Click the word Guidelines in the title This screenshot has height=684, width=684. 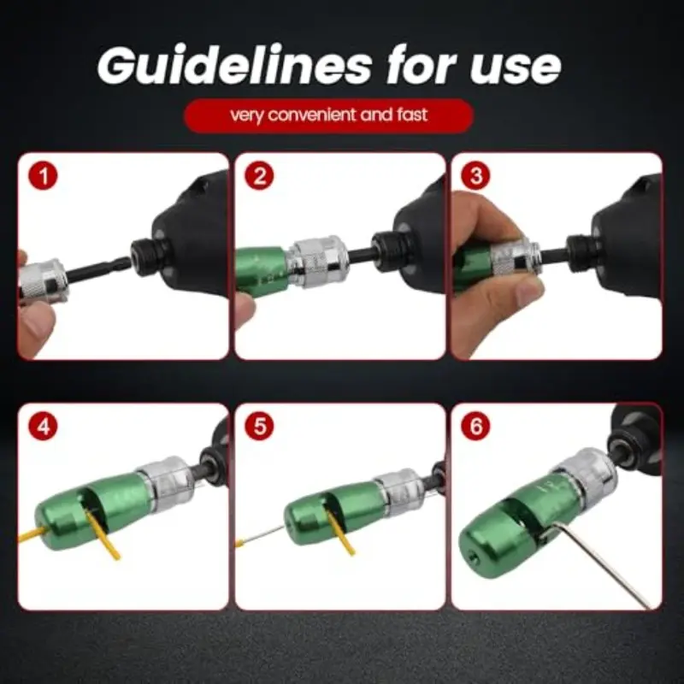(x=234, y=66)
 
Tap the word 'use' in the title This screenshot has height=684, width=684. (x=515, y=69)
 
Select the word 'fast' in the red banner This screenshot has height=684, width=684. (x=412, y=115)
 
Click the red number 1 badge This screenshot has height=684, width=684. (x=44, y=176)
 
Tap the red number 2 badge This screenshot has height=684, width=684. (x=259, y=176)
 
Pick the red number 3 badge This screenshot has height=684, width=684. (x=475, y=176)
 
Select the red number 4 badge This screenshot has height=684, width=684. (x=44, y=426)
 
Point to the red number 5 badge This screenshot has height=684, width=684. (x=259, y=426)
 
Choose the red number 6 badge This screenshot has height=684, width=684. (x=475, y=426)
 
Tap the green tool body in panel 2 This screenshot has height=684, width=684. (x=262, y=271)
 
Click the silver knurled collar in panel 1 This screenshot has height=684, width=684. (x=44, y=281)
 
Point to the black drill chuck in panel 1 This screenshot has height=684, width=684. (x=147, y=257)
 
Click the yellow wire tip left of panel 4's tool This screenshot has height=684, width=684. (x=32, y=534)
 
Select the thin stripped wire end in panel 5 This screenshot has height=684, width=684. (x=260, y=536)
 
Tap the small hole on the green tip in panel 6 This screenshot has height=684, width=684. (x=475, y=557)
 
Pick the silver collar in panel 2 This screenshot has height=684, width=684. (x=318, y=262)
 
